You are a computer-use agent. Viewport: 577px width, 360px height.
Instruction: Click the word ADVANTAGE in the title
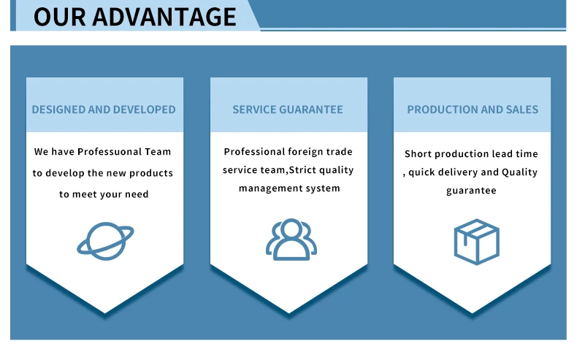click(x=164, y=17)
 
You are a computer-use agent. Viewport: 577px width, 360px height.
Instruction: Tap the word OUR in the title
click(x=60, y=17)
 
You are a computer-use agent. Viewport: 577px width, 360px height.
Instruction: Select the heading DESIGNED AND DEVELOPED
click(x=104, y=110)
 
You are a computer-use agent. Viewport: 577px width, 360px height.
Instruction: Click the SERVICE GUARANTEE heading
click(x=288, y=110)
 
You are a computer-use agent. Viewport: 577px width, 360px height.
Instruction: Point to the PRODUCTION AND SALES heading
click(x=473, y=110)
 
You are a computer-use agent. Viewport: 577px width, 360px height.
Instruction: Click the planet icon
click(x=105, y=241)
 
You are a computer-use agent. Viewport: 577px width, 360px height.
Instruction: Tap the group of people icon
click(x=291, y=240)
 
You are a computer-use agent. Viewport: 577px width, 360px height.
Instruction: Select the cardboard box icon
click(x=476, y=242)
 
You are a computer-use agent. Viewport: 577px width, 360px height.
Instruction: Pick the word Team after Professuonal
click(x=158, y=151)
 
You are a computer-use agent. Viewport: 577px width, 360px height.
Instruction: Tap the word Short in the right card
click(x=418, y=153)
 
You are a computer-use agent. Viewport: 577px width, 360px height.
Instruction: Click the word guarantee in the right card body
click(x=471, y=191)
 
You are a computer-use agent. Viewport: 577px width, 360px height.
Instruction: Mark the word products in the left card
click(x=151, y=173)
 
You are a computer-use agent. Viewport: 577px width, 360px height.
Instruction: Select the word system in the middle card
click(x=326, y=188)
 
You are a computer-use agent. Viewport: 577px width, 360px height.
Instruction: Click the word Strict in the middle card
click(x=302, y=170)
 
